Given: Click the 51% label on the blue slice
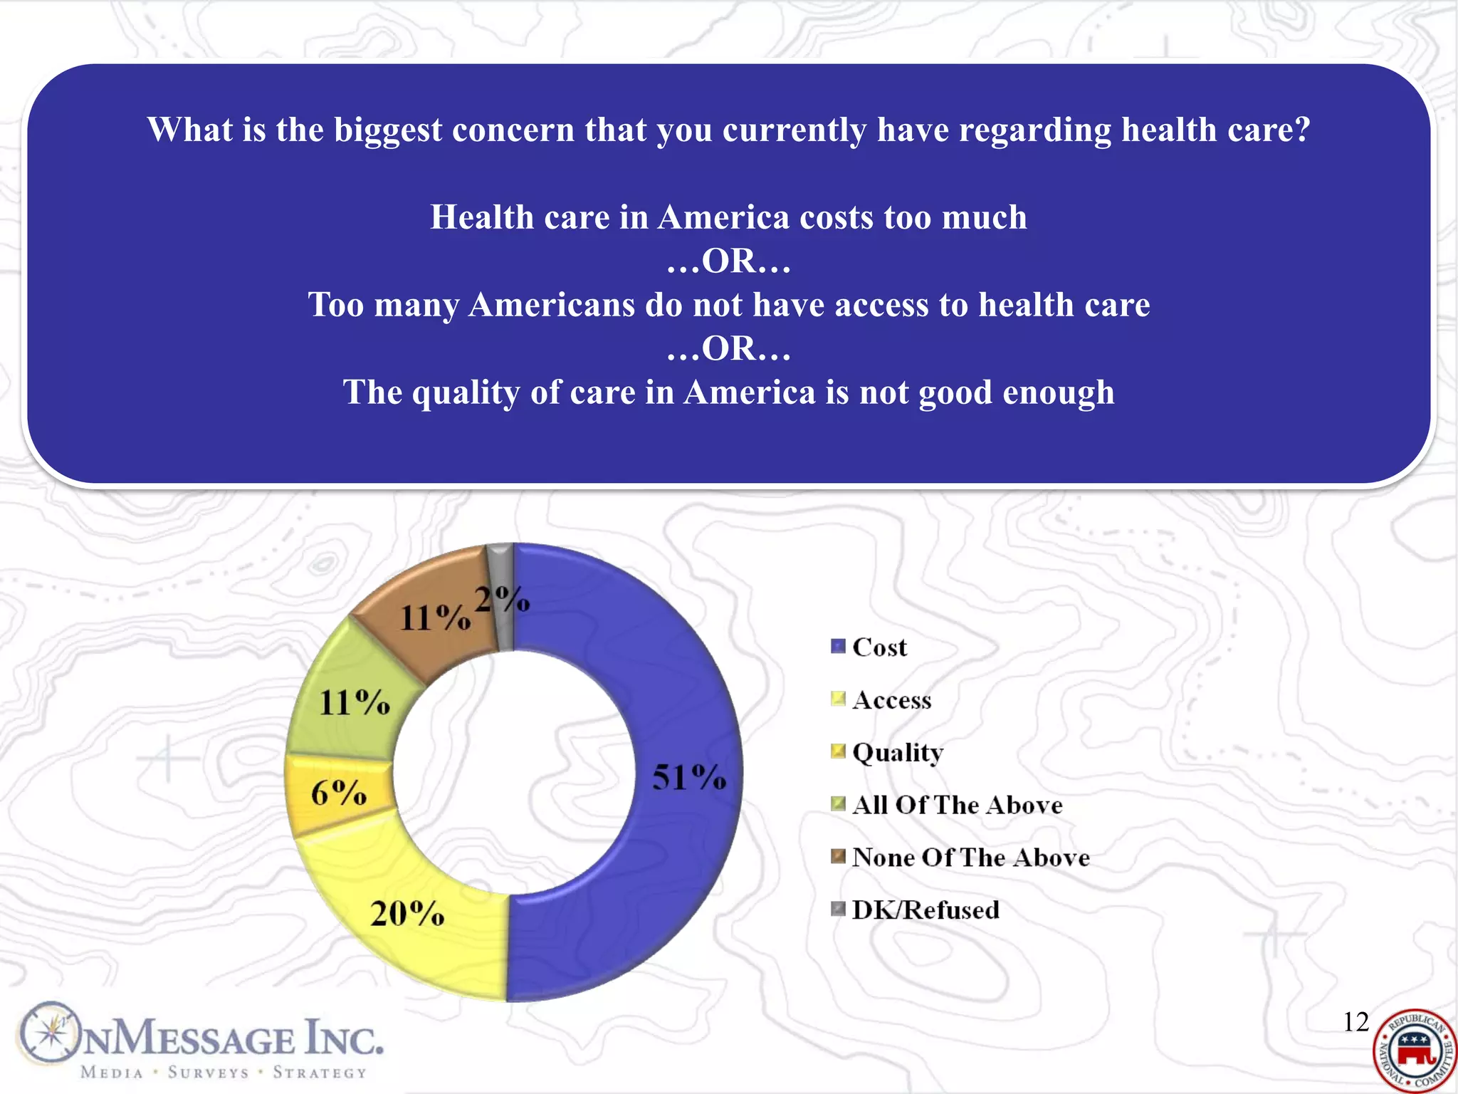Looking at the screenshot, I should point(688,777).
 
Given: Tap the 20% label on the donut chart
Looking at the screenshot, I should point(407,913).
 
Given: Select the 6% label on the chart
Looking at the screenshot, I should point(338,793).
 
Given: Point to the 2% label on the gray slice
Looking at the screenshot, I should point(502,600).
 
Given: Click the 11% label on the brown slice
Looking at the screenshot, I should point(434,618).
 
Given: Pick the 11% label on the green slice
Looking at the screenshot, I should point(354,703).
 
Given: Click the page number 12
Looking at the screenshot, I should point(1355,1022).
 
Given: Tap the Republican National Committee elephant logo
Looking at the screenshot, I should point(1415,1051).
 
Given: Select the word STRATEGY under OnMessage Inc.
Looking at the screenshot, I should point(320,1073).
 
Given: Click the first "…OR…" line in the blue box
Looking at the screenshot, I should point(728,261).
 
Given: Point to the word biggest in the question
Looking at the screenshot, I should point(388,130).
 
